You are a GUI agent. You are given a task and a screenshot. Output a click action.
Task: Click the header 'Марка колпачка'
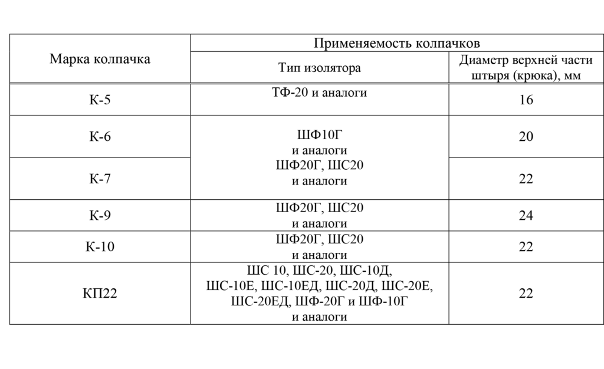pos(100,59)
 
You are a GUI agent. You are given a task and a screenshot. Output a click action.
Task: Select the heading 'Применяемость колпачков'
pos(396,42)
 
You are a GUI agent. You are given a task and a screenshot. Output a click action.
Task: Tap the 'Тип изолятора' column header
pos(319,68)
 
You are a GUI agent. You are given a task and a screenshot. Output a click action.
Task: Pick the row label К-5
pos(100,100)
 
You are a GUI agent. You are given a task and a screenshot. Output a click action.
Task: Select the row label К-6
pos(100,136)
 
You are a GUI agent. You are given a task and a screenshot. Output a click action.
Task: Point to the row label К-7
pos(100,179)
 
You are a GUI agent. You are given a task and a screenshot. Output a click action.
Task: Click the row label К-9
pos(100,215)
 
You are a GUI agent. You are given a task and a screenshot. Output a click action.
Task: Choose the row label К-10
pos(100,246)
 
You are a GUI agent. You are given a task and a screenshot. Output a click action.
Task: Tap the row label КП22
pos(100,293)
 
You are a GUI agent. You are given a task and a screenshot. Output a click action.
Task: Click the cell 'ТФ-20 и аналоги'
pos(319,93)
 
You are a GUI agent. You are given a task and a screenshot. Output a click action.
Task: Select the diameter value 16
pos(526,100)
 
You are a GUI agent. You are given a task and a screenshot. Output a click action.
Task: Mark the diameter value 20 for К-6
pos(526,136)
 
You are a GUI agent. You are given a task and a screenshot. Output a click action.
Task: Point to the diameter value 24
pos(526,215)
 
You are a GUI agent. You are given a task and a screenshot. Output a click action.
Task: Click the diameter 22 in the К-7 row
pos(526,179)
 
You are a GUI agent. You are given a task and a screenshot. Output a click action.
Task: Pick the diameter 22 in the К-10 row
pos(526,246)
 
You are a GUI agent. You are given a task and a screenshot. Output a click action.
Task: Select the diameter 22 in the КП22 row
pos(526,293)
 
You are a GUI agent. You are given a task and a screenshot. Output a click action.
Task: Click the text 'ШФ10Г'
pos(320,134)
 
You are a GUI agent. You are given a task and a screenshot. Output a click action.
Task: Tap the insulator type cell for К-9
pos(319,215)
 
